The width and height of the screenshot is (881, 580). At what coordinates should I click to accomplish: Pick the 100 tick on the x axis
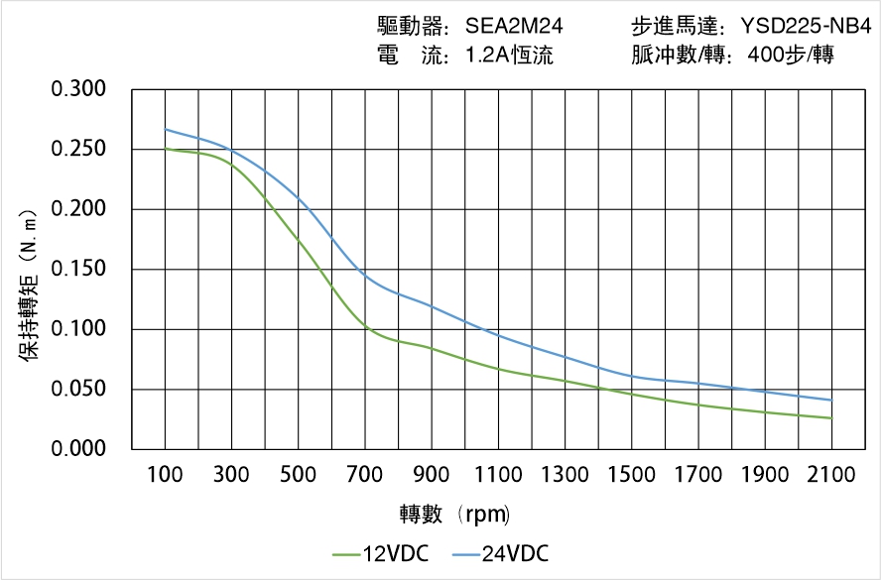click(x=165, y=475)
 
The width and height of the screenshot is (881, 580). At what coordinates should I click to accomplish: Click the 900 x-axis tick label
click(x=432, y=475)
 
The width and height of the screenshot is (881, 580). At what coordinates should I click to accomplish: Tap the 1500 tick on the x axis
click(x=631, y=475)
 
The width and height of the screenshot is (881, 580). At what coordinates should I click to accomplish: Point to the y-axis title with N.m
click(x=30, y=284)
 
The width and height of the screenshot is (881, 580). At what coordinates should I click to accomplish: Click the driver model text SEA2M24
click(x=514, y=27)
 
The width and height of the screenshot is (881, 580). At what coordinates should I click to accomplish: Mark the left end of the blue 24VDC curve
click(x=165, y=129)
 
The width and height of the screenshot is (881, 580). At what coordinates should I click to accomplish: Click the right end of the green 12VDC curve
click(x=831, y=418)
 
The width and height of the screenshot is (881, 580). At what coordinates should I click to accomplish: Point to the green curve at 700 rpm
click(x=365, y=326)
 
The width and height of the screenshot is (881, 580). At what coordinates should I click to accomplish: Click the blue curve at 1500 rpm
click(x=631, y=377)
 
